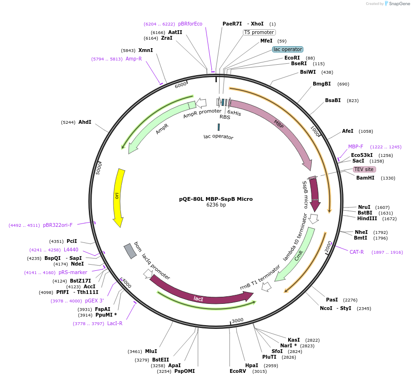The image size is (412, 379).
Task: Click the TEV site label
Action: click(x=364, y=169)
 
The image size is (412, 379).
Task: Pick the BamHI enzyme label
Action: click(x=365, y=178)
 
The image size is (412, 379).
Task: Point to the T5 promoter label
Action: click(x=259, y=32)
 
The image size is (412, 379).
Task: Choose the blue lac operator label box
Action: click(x=288, y=49)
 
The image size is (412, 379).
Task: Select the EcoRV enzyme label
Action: click(x=238, y=371)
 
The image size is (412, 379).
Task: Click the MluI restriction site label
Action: click(x=151, y=351)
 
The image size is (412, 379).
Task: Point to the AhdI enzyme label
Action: click(x=85, y=122)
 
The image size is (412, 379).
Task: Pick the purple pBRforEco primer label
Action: click(x=190, y=24)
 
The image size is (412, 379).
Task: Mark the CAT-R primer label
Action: click(x=357, y=252)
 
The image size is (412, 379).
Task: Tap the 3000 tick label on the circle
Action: click(x=238, y=320)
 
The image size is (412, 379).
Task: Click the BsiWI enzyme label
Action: click(x=308, y=72)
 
